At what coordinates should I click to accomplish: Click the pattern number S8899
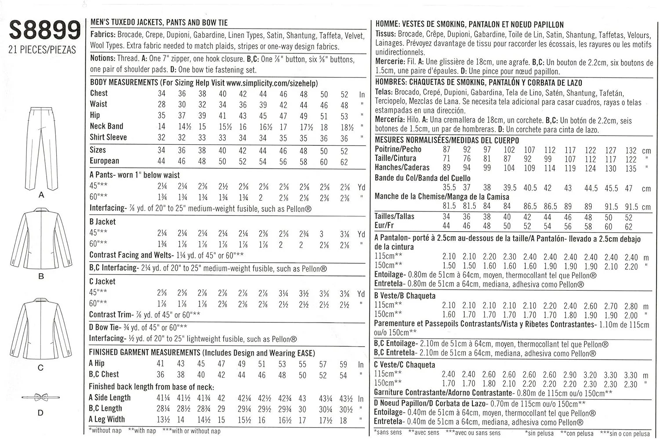coord(44,31)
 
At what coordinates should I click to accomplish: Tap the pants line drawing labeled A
coord(41,147)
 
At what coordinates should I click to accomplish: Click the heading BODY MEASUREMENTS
coord(123,83)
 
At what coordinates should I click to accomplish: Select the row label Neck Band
coord(106,126)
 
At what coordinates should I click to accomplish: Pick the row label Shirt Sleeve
coord(108,137)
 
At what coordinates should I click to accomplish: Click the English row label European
coord(104,161)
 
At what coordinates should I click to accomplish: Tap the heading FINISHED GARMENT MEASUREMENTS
coord(144,353)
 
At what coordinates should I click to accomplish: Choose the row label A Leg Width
coord(107,420)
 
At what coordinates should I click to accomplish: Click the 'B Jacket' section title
coord(102,222)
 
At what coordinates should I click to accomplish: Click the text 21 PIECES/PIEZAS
coord(42,50)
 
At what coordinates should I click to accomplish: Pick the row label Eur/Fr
coord(384,226)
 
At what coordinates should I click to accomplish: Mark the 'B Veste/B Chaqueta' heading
coord(405,296)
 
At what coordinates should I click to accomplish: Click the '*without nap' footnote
coord(105,431)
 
